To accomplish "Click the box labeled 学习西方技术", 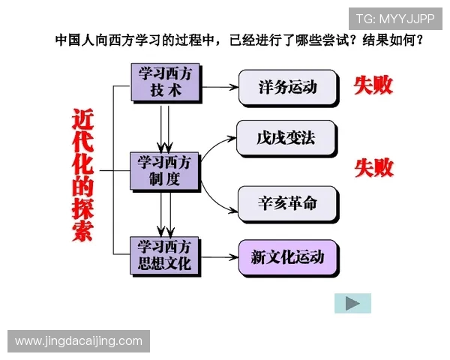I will (x=164, y=82).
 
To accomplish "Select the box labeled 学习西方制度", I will (x=164, y=171).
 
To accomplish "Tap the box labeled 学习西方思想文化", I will (x=164, y=256).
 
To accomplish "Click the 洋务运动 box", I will (x=287, y=87).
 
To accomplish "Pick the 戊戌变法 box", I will (x=287, y=139).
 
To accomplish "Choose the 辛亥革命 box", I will (x=287, y=204).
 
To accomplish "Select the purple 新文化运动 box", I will (x=288, y=258).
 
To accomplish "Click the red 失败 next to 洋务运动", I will (x=373, y=85).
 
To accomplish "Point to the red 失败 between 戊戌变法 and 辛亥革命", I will (x=373, y=167).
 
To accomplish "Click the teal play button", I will (x=352, y=303).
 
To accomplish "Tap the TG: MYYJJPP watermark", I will (x=395, y=19).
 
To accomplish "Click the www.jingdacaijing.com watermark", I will (x=79, y=341).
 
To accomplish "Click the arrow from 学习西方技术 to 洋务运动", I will (x=220, y=87).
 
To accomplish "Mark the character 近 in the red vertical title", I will (x=83, y=120).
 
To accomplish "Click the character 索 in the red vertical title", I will (x=83, y=230).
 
